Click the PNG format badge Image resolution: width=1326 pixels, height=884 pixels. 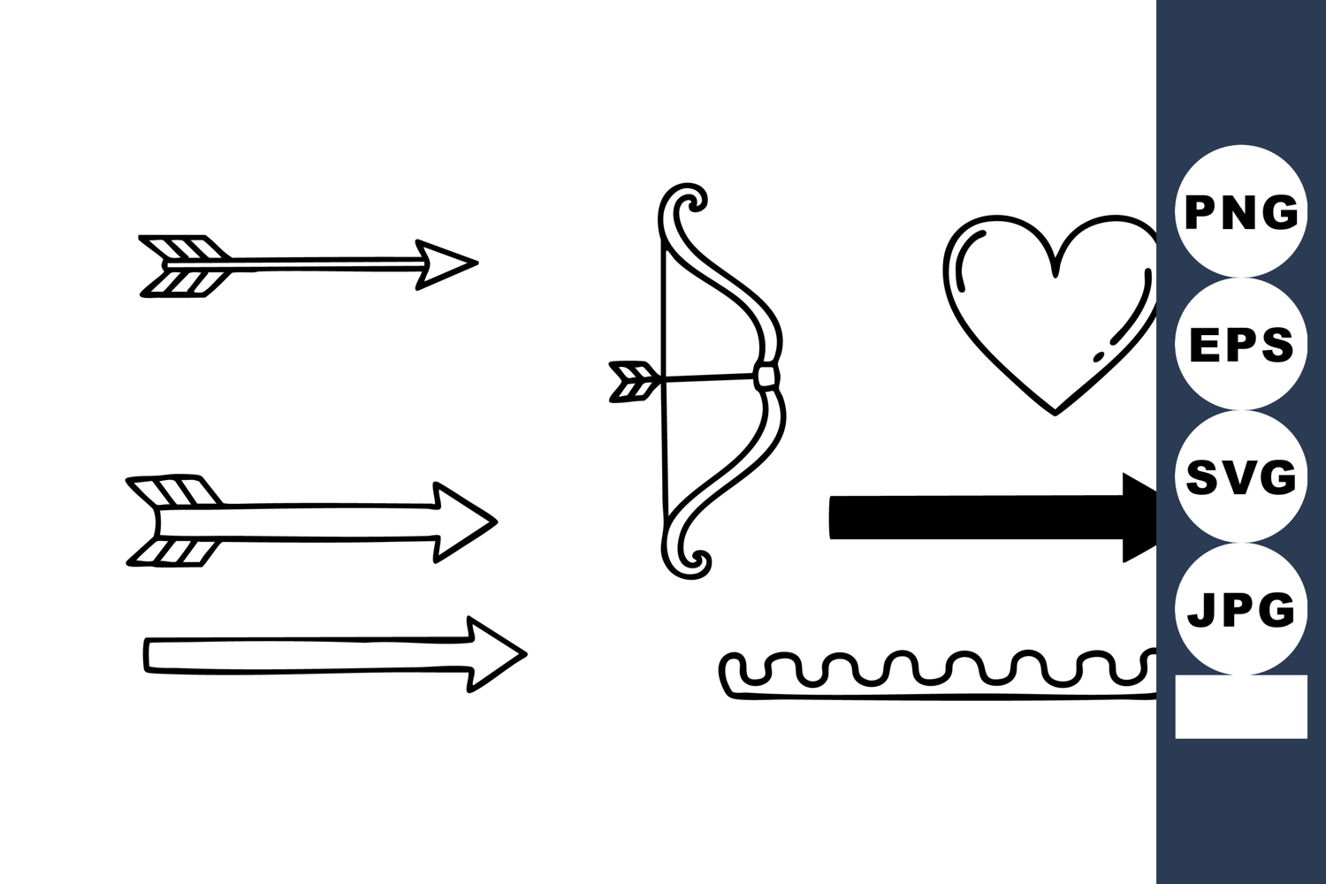(x=1241, y=211)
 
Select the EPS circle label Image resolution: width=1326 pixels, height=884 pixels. (x=1241, y=344)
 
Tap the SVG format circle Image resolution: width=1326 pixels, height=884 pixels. (x=1241, y=476)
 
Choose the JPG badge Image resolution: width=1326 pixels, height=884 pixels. (x=1241, y=609)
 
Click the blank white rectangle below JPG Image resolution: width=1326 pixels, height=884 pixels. (x=1241, y=706)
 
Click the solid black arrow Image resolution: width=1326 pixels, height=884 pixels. (x=993, y=518)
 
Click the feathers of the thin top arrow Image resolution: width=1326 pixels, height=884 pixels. (x=184, y=266)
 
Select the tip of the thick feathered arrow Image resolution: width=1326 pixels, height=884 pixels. (x=496, y=522)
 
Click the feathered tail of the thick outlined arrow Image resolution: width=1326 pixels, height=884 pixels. (x=173, y=521)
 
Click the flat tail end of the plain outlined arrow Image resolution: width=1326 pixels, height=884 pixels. (x=146, y=655)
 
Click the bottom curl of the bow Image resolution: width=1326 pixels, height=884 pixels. (x=687, y=560)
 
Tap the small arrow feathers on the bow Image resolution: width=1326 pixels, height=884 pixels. (x=634, y=382)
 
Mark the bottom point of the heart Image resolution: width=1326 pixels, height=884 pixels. (x=1055, y=414)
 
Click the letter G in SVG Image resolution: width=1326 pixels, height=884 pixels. (x=1279, y=477)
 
